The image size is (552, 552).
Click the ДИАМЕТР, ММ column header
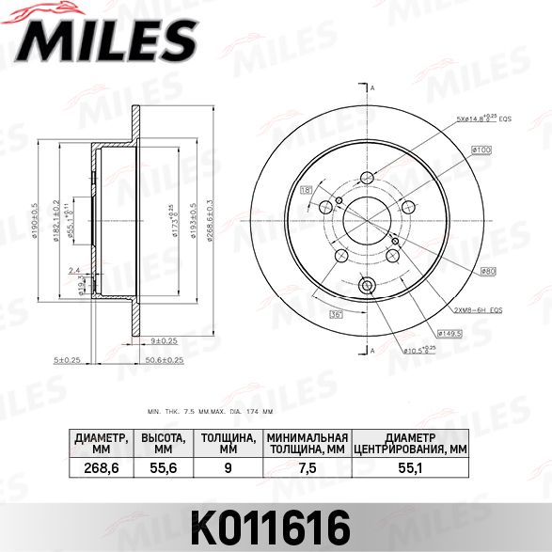(x=101, y=444)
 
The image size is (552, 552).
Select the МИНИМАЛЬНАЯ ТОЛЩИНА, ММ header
(x=308, y=444)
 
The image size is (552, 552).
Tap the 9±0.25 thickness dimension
(x=164, y=339)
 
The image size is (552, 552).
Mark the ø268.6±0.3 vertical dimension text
(x=209, y=219)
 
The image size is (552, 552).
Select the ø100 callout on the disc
(x=481, y=150)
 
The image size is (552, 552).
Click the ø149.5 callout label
(x=450, y=332)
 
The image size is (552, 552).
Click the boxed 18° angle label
(x=307, y=191)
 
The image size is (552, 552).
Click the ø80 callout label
(x=489, y=273)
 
